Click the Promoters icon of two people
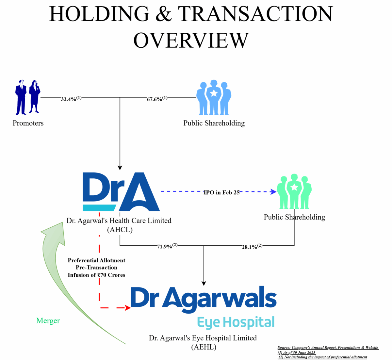pos(28,97)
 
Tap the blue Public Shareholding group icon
pos(214,97)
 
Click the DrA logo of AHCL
pos(121,192)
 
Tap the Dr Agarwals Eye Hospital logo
pos(204,307)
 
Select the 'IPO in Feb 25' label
pos(221,192)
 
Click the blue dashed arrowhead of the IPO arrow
pos(273,192)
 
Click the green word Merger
pos(48,321)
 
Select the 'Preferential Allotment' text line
pos(96,260)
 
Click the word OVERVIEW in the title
pos(191,40)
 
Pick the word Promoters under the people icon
pos(28,123)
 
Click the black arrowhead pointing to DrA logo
pos(120,167)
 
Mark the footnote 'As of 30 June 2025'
pos(297,352)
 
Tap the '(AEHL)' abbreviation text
pos(204,347)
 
